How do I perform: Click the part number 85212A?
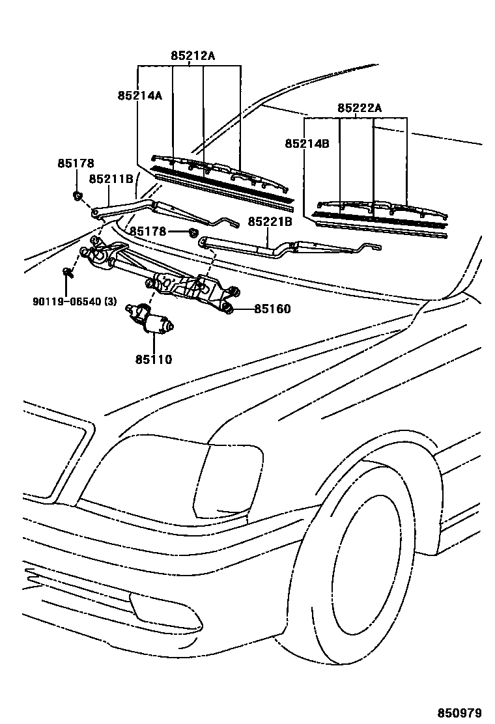tap(193, 56)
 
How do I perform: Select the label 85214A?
tap(139, 96)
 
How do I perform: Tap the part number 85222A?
tap(360, 108)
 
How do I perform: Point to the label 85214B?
tap(307, 144)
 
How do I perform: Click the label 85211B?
tap(111, 178)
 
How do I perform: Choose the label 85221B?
tap(270, 222)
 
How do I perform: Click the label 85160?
tap(272, 309)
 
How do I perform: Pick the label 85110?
tap(153, 359)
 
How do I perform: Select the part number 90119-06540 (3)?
tap(74, 301)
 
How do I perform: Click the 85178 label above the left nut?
tap(76, 163)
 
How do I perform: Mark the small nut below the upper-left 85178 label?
tap(77, 195)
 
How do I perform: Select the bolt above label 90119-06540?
tap(68, 272)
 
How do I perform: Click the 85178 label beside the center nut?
tap(147, 231)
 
